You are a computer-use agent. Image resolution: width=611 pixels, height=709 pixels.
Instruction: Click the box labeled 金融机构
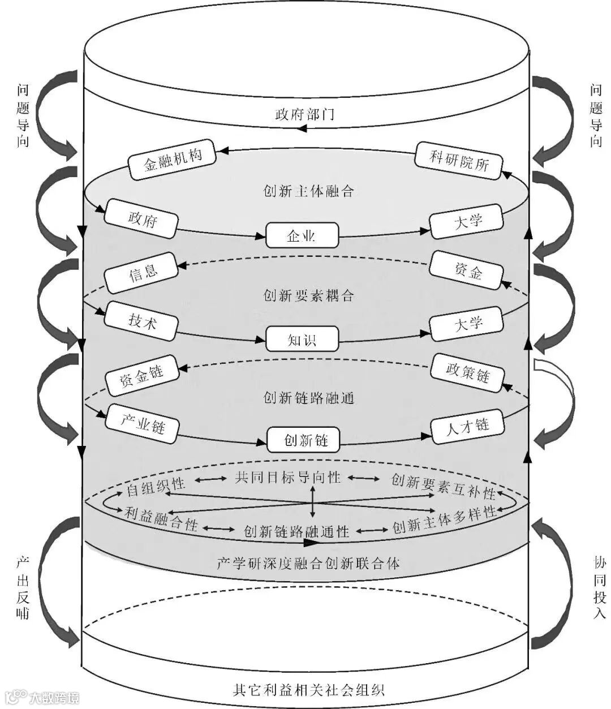[x=173, y=159]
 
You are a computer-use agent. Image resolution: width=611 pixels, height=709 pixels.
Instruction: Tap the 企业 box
[x=302, y=235]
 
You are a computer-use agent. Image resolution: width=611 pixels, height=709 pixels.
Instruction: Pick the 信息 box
[x=141, y=272]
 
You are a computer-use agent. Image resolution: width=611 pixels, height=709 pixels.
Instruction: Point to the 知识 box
[x=302, y=340]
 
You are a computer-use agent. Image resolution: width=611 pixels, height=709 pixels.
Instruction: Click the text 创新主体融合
[x=308, y=191]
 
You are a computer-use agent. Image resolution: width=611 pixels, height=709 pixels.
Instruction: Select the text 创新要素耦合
[x=308, y=295]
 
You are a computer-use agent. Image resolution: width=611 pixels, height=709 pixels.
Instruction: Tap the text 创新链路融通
[x=308, y=398]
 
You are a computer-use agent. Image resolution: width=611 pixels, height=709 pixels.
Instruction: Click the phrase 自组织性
[x=156, y=486]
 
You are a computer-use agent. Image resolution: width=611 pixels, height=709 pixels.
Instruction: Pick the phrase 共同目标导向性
[x=288, y=478]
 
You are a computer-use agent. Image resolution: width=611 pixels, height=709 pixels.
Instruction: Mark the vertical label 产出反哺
[x=23, y=587]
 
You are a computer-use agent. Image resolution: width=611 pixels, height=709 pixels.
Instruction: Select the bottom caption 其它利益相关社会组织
[x=308, y=690]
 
